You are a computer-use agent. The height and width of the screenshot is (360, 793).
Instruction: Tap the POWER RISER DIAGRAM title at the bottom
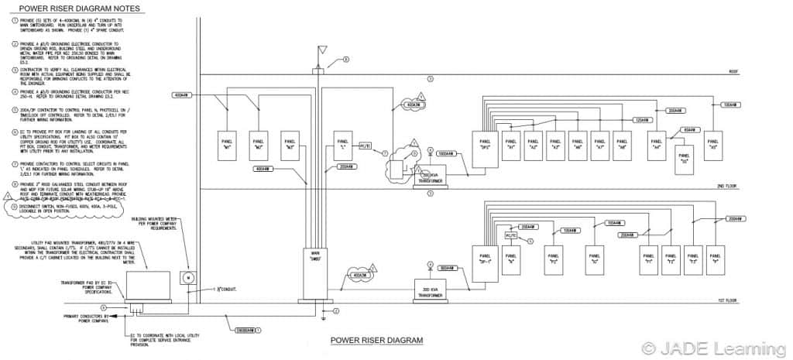(376, 340)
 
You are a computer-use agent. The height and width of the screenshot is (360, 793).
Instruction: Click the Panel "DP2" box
(485, 146)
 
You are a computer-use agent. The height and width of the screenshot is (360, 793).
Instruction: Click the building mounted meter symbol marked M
(185, 276)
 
